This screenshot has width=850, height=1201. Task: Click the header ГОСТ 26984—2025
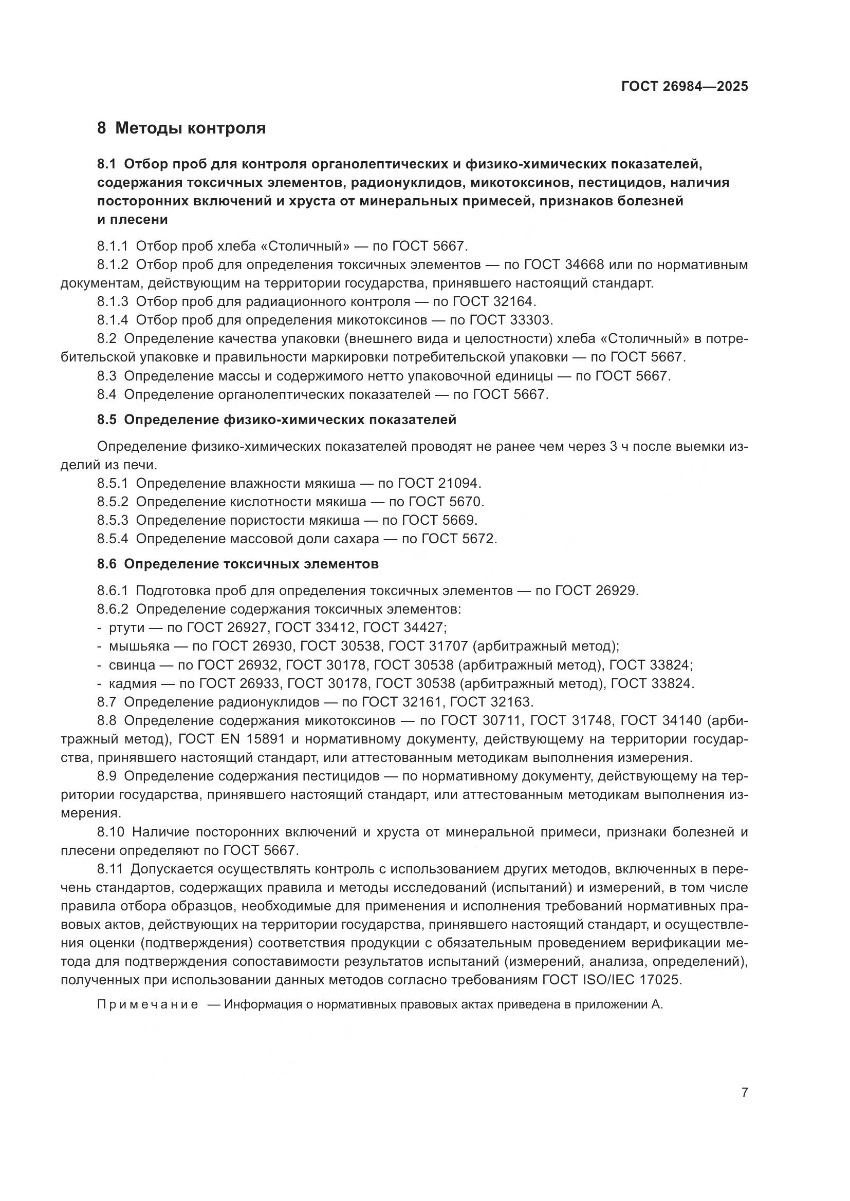[x=684, y=86]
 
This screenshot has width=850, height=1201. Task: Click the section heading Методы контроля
[x=190, y=128]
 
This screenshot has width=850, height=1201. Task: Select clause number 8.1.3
[x=113, y=301]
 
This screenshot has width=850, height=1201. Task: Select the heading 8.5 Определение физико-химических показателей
[x=276, y=420]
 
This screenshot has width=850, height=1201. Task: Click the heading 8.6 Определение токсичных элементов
[x=237, y=564]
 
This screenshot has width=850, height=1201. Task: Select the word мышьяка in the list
[x=139, y=646]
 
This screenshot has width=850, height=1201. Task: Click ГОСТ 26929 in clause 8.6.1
[x=596, y=590]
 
